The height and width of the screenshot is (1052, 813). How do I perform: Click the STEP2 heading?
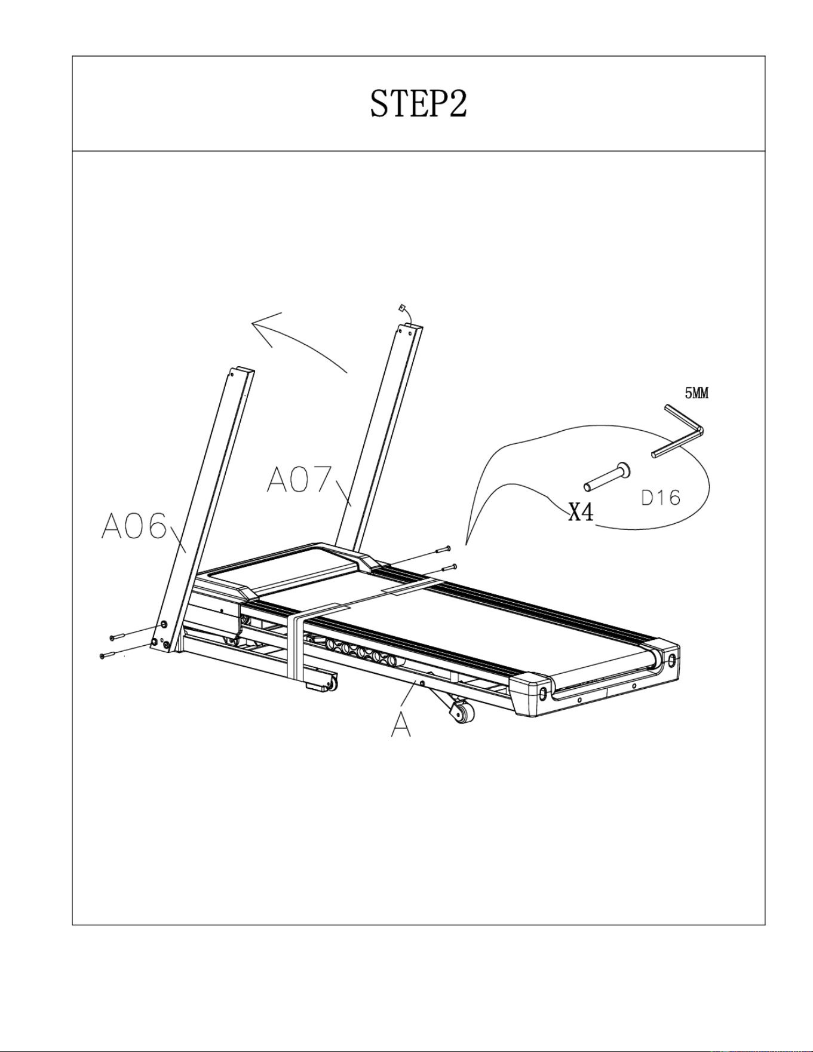click(x=418, y=104)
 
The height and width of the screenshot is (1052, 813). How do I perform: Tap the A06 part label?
click(x=134, y=526)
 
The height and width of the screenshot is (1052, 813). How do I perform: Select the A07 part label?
click(x=299, y=479)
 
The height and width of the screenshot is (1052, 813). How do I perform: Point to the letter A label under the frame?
click(x=401, y=725)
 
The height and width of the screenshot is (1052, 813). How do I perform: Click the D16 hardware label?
click(x=661, y=497)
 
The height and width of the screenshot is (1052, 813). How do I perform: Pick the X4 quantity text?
click(x=581, y=512)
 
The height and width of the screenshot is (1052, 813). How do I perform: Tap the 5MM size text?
click(x=697, y=393)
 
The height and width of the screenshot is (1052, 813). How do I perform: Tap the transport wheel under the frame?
click(x=463, y=713)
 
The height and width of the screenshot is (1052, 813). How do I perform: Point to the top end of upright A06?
click(x=242, y=372)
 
